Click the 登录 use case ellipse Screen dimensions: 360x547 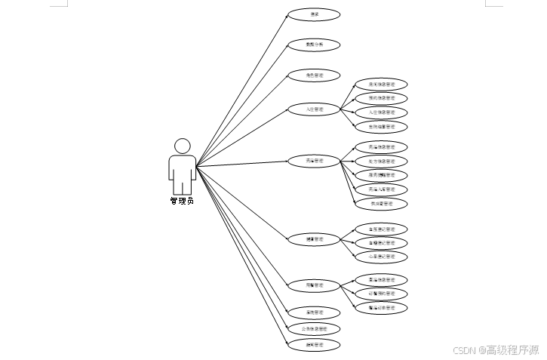[314, 14]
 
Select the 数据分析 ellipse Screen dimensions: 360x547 [314, 45]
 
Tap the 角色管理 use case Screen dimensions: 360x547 [314, 75]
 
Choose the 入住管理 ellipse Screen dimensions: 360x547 [314, 109]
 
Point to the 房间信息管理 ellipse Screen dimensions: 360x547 [381, 85]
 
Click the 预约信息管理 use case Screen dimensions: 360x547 [381, 98]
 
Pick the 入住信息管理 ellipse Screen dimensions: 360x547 [381, 112]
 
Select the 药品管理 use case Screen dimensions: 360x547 [314, 161]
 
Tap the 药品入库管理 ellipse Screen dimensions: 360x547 [381, 189]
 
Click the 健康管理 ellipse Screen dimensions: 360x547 [314, 239]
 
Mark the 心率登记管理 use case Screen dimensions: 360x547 [381, 257]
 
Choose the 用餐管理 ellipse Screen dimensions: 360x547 [314, 285]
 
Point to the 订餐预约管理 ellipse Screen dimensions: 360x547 [381, 294]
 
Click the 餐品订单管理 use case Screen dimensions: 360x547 [381, 308]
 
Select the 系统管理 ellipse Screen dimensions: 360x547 [314, 312]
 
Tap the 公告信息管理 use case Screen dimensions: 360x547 [314, 329]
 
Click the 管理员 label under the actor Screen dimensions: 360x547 [182, 202]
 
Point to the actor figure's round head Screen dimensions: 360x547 [182, 146]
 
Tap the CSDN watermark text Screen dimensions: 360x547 [496, 349]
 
